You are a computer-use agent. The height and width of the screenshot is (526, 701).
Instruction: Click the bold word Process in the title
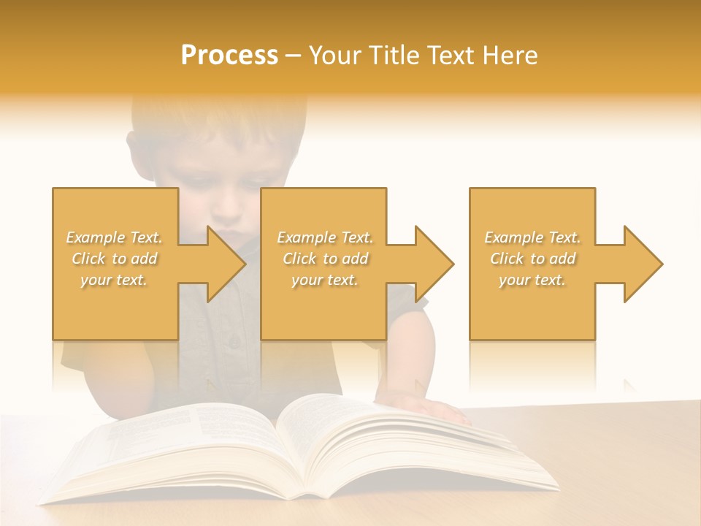coord(229,56)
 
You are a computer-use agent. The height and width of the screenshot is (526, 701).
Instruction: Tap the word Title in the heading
coord(394,56)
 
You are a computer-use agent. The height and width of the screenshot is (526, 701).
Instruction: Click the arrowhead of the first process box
coord(226,264)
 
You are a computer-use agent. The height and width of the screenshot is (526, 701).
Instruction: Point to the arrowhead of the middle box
coord(434,264)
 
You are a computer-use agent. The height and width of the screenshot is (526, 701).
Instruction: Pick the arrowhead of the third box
coord(643,264)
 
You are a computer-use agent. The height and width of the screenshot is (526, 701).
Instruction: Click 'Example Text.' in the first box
coord(114,237)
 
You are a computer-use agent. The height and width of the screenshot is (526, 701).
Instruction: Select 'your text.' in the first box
coord(114,280)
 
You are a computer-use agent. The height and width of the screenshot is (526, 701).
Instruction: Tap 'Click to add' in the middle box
coord(325,259)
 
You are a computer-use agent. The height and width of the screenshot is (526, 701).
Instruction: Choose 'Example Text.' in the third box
coord(532,237)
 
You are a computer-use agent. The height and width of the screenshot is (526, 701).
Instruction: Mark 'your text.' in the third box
coord(532,280)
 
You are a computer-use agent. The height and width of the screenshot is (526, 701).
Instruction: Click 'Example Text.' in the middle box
coord(325,237)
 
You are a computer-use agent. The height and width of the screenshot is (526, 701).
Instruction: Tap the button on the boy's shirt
coord(234,341)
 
